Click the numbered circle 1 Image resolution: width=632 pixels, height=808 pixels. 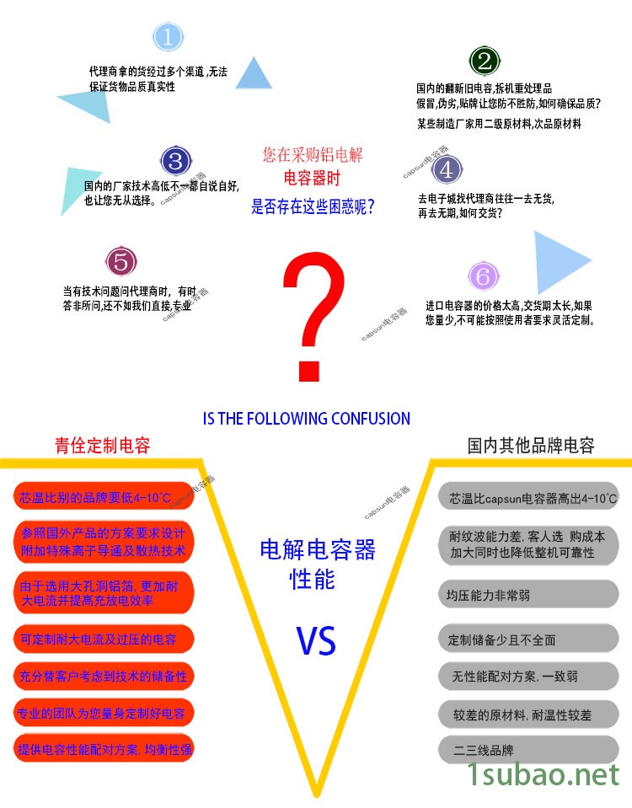pyautogui.click(x=168, y=36)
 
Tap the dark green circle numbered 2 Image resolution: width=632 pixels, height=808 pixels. pyautogui.click(x=485, y=61)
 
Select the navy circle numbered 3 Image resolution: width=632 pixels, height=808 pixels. pyautogui.click(x=175, y=160)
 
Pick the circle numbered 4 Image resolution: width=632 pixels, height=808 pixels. pyautogui.click(x=447, y=169)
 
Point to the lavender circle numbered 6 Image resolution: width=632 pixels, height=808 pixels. pyautogui.click(x=483, y=276)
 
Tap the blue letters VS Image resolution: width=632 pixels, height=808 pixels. pyautogui.click(x=316, y=641)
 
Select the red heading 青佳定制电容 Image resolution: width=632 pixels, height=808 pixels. pyautogui.click(x=102, y=446)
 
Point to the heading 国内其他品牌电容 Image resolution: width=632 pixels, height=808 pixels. pyautogui.click(x=531, y=446)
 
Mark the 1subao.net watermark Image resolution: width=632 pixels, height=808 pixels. pyautogui.click(x=543, y=775)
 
